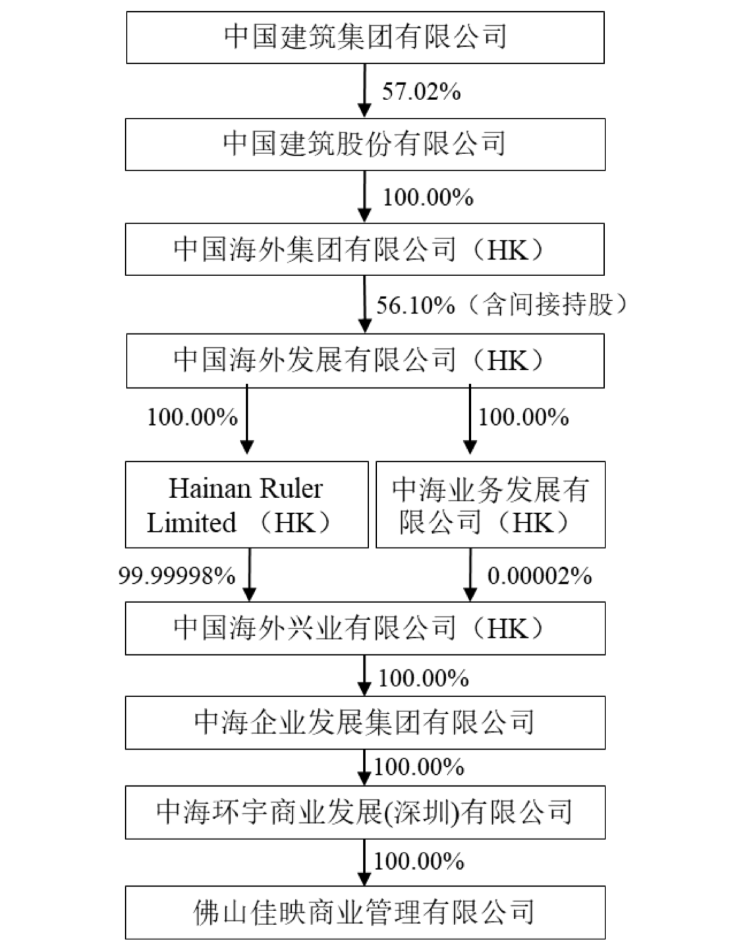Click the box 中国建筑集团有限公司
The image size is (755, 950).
coord(365,37)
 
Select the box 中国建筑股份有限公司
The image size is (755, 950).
coord(365,144)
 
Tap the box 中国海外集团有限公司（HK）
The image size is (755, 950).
coord(365,249)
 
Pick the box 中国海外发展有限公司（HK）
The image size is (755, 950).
coord(365,360)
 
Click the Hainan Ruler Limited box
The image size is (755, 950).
coord(246,505)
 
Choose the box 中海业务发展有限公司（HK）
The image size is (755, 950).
coord(490,505)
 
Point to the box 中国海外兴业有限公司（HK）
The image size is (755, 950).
coord(365,628)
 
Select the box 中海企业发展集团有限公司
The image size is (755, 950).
coord(365,723)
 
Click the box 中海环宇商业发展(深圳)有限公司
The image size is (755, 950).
coord(365,812)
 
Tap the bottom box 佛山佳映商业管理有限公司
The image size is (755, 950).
coord(365,912)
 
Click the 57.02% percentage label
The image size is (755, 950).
coord(421,91)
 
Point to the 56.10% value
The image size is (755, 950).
coord(416,304)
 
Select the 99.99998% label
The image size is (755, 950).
coord(177,576)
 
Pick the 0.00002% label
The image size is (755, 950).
coord(540,576)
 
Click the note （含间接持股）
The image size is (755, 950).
coord(546,304)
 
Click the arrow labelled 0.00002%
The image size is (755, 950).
coord(470,574)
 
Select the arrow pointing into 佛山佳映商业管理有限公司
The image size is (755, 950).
coord(364,862)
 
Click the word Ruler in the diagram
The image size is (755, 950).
coord(291,489)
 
